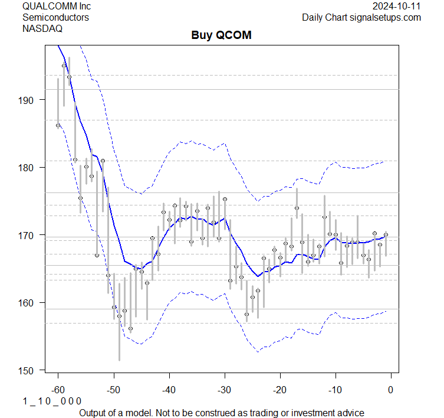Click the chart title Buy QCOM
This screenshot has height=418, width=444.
(x=222, y=35)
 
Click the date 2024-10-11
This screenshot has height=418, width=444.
(x=397, y=6)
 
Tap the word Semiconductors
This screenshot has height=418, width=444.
(x=55, y=17)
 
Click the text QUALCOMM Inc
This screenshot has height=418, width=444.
(x=58, y=6)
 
